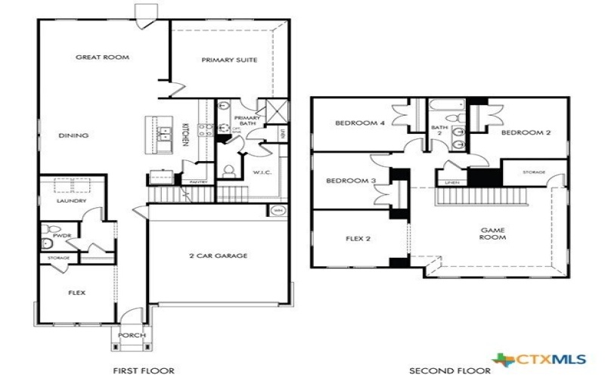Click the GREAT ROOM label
point(102,57)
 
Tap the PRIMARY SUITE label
point(229,60)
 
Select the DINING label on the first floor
point(73,136)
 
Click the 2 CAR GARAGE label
point(219,256)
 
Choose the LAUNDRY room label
point(72,201)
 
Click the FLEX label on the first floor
point(76,291)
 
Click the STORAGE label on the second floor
point(533,172)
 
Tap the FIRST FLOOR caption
point(144,370)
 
